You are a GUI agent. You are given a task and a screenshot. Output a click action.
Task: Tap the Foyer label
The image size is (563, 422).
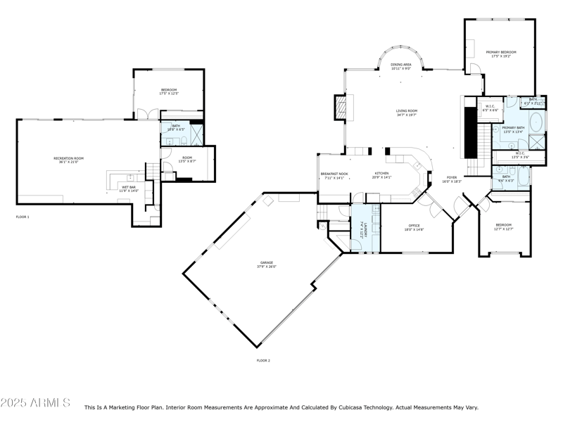click(x=451, y=179)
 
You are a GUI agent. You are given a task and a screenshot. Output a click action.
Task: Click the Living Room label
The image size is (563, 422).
click(x=406, y=111)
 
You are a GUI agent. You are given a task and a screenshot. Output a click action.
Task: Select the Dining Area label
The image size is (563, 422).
click(x=401, y=65)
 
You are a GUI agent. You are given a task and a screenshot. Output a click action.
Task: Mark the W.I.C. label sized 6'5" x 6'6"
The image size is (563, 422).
click(x=490, y=108)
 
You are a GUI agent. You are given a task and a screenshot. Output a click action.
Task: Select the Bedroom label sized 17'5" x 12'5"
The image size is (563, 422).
click(x=169, y=91)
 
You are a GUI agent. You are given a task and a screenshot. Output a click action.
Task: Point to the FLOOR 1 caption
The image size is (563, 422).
click(x=23, y=217)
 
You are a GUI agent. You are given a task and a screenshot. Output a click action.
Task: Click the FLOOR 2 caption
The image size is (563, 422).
click(x=263, y=360)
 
